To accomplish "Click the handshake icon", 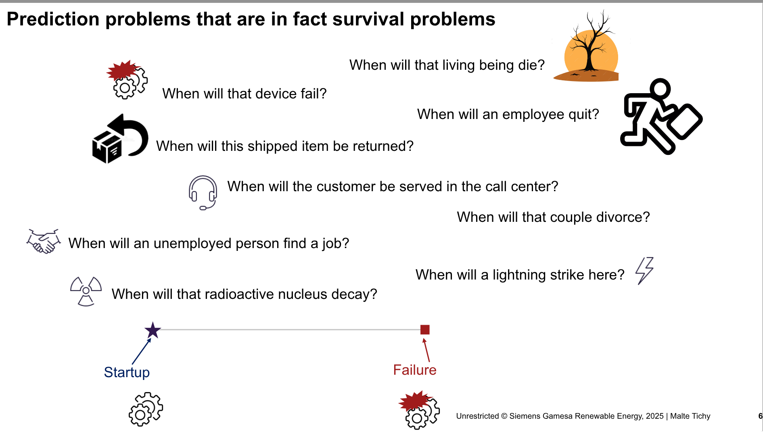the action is [44, 241].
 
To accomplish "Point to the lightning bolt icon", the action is [644, 271].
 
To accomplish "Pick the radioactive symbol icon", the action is [86, 291].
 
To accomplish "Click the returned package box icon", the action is [120, 139].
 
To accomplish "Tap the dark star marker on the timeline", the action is [153, 330].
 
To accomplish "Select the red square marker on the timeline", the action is [425, 330].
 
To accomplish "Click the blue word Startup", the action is [127, 372].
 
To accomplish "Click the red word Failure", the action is [415, 370].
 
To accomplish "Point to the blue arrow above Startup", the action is [142, 351].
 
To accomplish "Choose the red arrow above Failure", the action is [426, 350].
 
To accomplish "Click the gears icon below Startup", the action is [146, 409].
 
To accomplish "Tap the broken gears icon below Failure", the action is [419, 410].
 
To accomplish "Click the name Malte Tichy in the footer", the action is [690, 416].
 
